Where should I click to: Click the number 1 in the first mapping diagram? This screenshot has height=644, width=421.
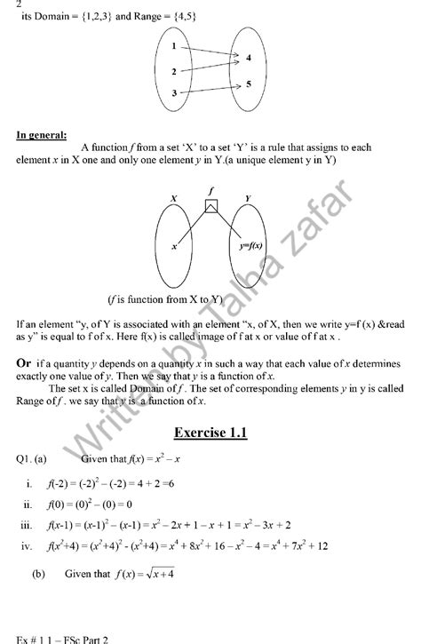pyautogui.click(x=175, y=46)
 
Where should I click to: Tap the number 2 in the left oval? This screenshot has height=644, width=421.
pyautogui.click(x=175, y=71)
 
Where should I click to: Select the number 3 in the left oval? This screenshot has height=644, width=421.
pyautogui.click(x=175, y=92)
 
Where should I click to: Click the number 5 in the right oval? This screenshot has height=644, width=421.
pyautogui.click(x=250, y=83)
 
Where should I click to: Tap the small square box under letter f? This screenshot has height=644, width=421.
pyautogui.click(x=210, y=206)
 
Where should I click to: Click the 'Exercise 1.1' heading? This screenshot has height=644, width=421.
pyautogui.click(x=210, y=433)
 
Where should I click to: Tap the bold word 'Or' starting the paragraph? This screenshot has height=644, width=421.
pyautogui.click(x=27, y=363)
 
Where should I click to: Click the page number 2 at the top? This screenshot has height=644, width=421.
pyautogui.click(x=7, y=4)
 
